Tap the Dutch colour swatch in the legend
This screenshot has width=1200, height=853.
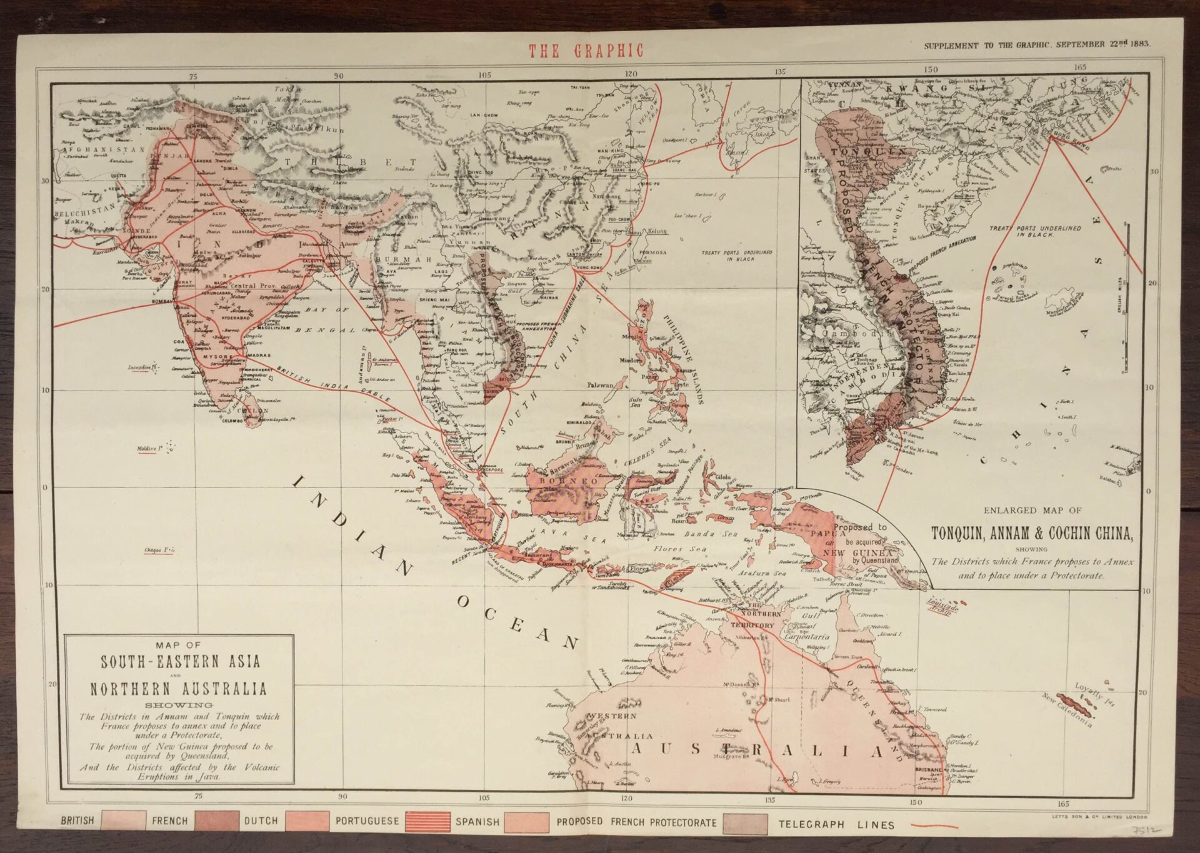(307, 822)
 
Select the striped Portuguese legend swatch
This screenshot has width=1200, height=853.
(427, 822)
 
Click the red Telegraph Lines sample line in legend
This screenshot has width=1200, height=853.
(934, 826)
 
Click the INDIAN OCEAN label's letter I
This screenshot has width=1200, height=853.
(299, 482)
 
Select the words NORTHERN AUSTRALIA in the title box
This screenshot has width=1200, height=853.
(178, 689)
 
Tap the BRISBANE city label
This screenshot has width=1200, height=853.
(928, 769)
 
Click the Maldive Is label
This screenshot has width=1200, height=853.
(150, 449)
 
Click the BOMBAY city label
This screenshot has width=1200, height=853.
(161, 302)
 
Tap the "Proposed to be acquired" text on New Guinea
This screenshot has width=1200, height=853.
(860, 534)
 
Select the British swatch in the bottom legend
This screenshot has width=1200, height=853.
(123, 821)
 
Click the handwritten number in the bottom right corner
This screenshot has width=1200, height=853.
(1147, 832)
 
